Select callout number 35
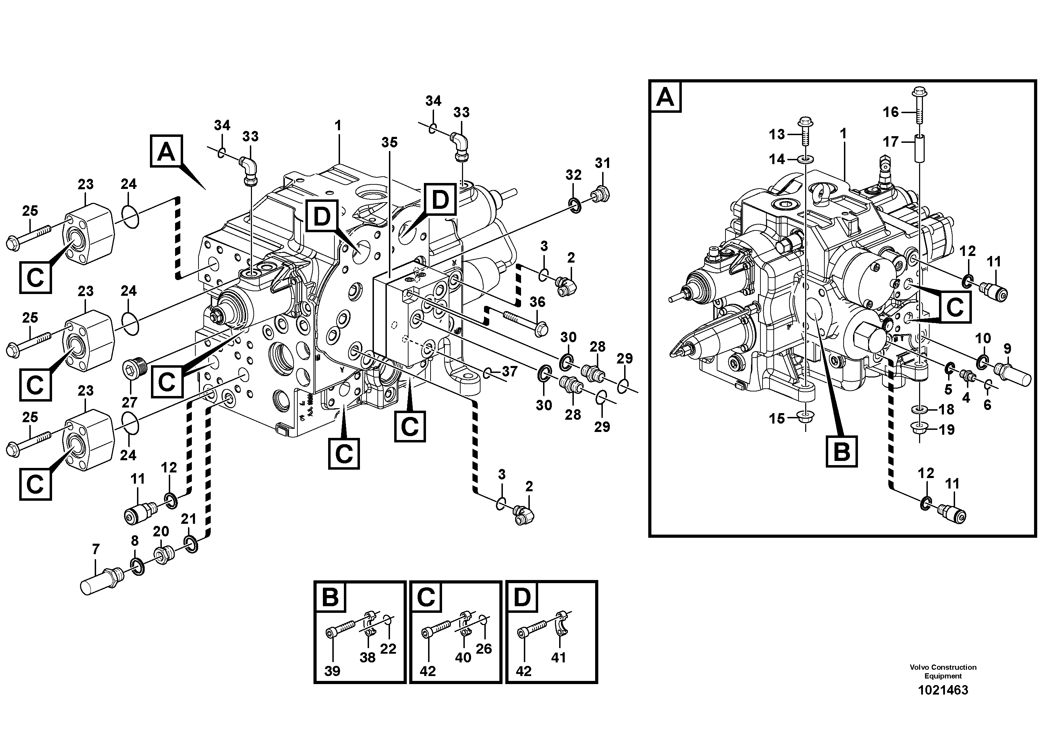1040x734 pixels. coord(389,142)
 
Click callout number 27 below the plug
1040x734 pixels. coord(130,402)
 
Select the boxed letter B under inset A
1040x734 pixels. coord(841,451)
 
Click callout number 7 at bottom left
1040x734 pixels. coord(95,549)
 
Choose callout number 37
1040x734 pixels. coord(509,372)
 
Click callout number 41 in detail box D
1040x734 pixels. coord(558,658)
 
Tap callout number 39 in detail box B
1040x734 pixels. coord(332,671)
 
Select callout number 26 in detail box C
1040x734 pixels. coord(483,649)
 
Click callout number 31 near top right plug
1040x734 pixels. coord(602,163)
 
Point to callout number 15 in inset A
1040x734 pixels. coord(777,419)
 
